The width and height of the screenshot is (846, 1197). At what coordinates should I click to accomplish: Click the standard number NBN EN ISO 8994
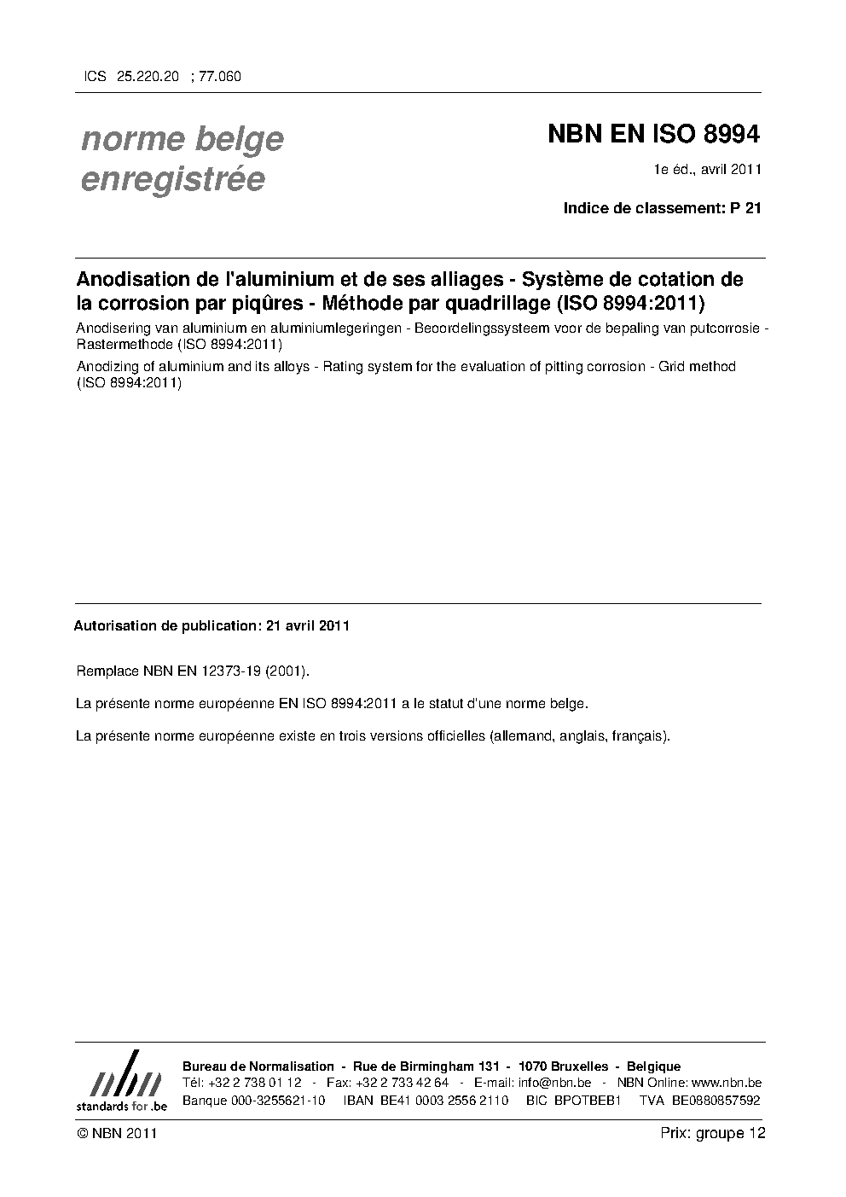coord(653,135)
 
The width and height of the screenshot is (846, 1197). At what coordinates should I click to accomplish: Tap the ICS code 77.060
coord(220,77)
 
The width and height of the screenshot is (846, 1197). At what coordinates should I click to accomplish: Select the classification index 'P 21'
coord(745,207)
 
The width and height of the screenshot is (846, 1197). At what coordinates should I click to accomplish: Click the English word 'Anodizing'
coord(107,367)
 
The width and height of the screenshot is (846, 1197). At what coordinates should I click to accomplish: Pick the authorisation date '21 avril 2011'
coord(308,625)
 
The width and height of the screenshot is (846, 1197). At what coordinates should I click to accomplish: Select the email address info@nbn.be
coord(554,1083)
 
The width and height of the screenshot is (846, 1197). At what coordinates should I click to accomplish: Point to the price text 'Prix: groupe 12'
coord(713,1133)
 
